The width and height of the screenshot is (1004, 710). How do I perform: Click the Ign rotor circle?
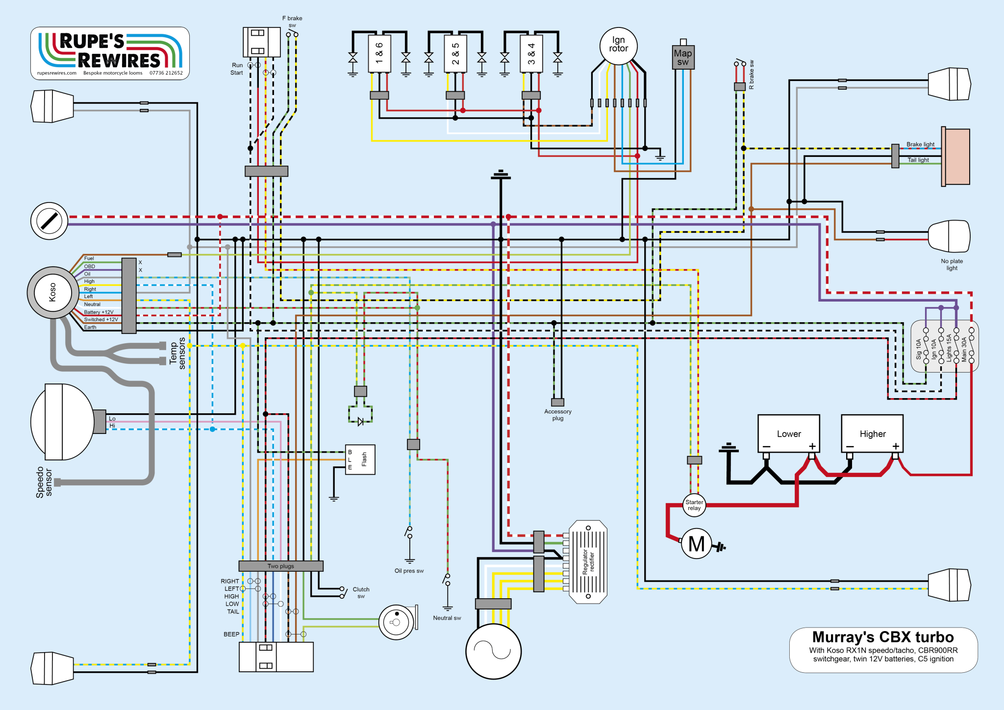point(618,46)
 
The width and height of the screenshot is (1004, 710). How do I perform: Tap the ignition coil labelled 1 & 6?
point(379,53)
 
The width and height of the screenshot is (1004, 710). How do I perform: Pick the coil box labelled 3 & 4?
point(531,53)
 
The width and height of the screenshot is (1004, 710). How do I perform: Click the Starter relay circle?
point(694,505)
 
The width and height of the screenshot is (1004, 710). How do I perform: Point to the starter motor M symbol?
point(696,543)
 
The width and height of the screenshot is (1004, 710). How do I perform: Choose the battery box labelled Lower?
point(788,433)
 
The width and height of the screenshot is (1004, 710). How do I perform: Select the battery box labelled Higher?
point(872,433)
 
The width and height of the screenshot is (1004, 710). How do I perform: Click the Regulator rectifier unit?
point(588,562)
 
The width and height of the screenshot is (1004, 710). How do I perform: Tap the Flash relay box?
point(360,459)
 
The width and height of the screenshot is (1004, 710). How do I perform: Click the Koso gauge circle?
point(52,293)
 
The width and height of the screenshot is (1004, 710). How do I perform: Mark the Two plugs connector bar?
point(281,566)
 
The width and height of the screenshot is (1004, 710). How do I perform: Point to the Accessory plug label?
point(558,415)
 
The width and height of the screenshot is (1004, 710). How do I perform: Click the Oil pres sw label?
point(409,571)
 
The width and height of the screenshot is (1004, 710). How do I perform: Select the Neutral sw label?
point(447,618)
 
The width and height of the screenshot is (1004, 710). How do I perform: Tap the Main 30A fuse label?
point(964,349)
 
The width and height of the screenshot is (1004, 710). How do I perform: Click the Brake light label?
point(920,145)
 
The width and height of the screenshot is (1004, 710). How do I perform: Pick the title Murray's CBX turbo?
point(883,637)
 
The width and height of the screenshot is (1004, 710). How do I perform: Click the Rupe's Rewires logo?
point(110,53)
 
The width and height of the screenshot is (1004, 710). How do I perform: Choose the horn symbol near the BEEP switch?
point(397,622)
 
